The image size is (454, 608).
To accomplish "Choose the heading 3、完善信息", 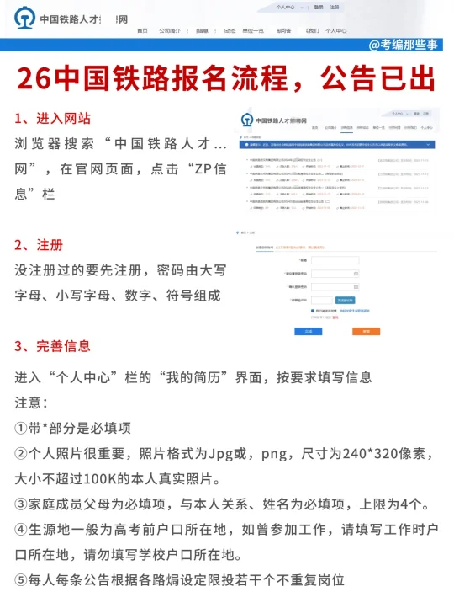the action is (x=52, y=346).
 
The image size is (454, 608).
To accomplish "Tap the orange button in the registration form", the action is (x=366, y=332).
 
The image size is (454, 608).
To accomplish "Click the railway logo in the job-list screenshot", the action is (x=247, y=120).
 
